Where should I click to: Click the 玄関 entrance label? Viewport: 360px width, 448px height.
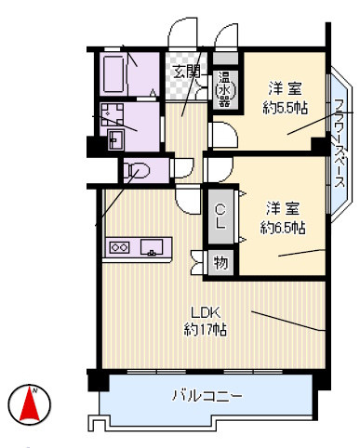click(x=186, y=71)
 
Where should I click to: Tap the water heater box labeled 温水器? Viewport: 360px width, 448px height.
click(x=225, y=89)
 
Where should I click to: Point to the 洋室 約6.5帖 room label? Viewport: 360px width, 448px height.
click(x=283, y=215)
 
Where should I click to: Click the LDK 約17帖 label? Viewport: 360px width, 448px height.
click(x=207, y=320)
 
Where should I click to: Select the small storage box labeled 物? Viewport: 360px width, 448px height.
click(x=220, y=261)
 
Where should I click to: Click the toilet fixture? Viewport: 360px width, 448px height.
click(x=136, y=171)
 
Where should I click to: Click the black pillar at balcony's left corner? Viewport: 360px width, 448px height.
click(x=92, y=380)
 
